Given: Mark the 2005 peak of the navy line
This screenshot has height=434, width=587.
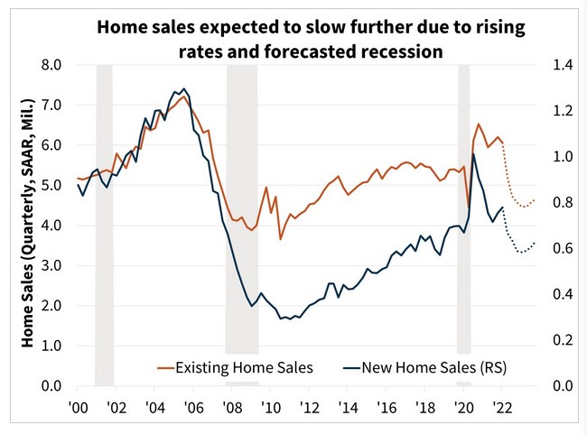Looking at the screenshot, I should tap(184, 89).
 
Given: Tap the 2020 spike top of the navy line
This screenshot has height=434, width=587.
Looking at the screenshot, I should tap(473, 154).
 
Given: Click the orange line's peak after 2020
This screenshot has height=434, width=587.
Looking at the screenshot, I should tap(479, 125).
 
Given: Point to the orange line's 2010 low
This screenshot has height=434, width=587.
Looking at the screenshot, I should tap(280, 239).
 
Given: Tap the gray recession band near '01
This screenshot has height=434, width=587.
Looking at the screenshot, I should tap(104, 226).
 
